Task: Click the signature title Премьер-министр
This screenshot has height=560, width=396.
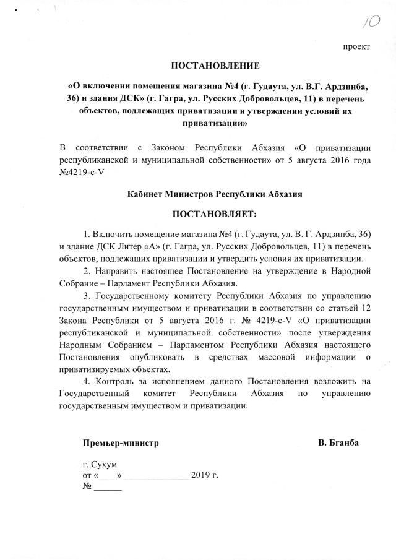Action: pos(121,443)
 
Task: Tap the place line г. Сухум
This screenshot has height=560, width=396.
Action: pos(100,464)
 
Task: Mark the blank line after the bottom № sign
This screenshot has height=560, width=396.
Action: pos(108,488)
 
